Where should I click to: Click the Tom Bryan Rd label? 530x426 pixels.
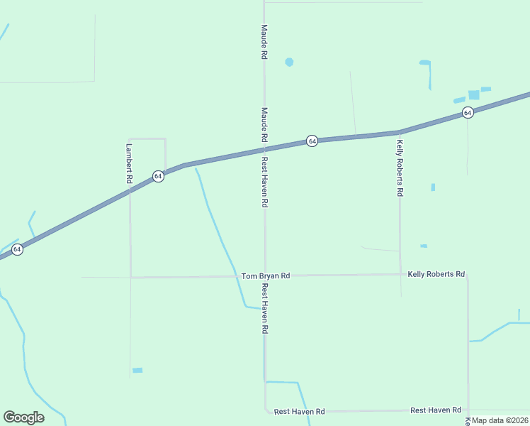(266, 275)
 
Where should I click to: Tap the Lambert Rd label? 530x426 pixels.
(129, 165)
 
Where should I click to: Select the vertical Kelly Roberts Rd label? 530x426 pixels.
(400, 168)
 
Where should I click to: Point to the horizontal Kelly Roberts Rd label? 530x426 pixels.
(436, 274)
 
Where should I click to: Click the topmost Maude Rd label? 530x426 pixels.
(264, 42)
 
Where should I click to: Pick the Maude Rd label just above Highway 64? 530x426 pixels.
(264, 124)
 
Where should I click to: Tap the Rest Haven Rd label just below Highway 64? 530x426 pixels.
(264, 182)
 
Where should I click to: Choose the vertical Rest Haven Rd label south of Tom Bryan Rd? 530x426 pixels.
(264, 309)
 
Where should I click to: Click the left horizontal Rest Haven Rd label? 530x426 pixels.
(299, 411)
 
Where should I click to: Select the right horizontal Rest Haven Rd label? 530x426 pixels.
(436, 410)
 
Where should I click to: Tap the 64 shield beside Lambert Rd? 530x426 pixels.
(158, 176)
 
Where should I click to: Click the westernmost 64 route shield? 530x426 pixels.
(17, 249)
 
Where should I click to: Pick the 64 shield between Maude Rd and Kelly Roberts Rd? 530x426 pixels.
(312, 141)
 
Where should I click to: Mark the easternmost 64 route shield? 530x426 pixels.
(468, 113)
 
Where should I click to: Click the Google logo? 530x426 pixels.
(23, 417)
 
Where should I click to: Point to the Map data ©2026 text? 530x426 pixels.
(500, 420)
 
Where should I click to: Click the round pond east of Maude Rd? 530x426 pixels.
(289, 62)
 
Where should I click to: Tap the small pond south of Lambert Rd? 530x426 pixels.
(137, 370)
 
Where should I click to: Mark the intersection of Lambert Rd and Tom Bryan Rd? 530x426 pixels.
(130, 277)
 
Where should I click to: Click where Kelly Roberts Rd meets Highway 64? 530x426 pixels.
(400, 131)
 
